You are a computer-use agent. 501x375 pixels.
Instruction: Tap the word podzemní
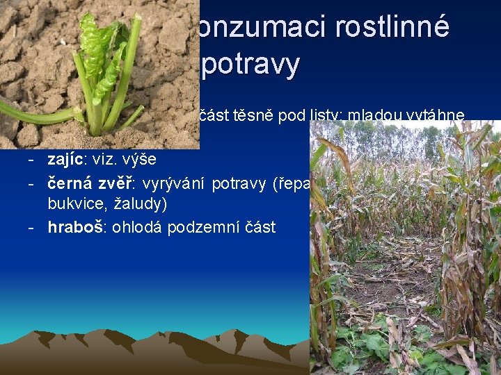pos(205,227)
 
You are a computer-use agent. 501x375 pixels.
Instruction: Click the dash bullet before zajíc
pos(33,159)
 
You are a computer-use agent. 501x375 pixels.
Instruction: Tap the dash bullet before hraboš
pos(33,227)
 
